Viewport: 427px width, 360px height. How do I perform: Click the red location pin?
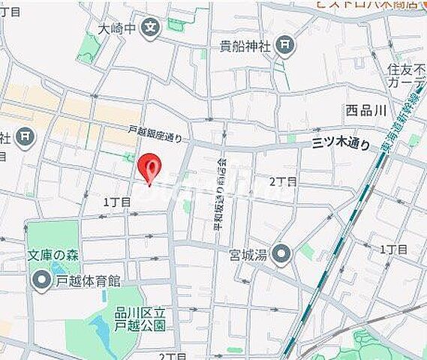pyautogui.click(x=150, y=166)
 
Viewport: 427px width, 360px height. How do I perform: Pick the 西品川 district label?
pyautogui.click(x=365, y=110)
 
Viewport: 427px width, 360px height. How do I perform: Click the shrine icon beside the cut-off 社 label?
pyautogui.click(x=26, y=137)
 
